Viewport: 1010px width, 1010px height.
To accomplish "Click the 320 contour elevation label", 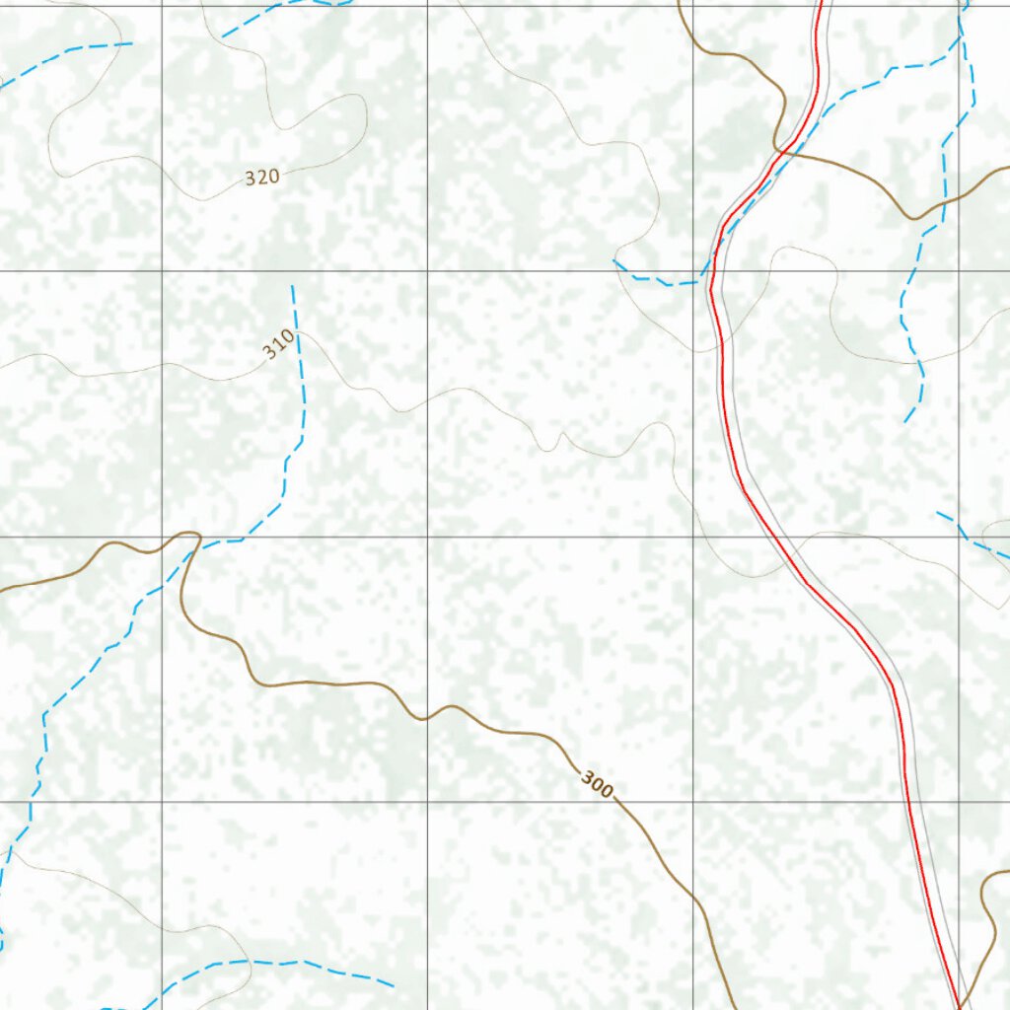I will pos(262,178).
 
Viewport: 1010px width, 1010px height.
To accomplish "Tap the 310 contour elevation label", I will pos(279,344).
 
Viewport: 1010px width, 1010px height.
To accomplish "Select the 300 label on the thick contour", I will pos(597,785).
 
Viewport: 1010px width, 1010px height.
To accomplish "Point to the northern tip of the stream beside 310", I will pos(292,286).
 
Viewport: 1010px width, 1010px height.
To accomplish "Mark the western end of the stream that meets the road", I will pos(614,261).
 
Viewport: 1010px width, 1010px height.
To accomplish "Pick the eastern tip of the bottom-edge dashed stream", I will pos(394,984).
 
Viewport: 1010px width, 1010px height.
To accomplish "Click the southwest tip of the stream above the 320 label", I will pos(222,37).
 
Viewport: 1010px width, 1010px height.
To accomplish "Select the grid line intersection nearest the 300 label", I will pos(693,801).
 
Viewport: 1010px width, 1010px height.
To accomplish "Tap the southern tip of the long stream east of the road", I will pos(904,423).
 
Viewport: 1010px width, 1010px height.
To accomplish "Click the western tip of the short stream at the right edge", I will pos(937,512).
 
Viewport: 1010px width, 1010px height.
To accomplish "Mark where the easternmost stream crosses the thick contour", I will pos(944,202).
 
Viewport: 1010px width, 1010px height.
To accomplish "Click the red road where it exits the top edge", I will pos(821,3).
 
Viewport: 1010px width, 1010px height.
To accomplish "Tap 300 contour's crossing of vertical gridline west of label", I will pos(427,717).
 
